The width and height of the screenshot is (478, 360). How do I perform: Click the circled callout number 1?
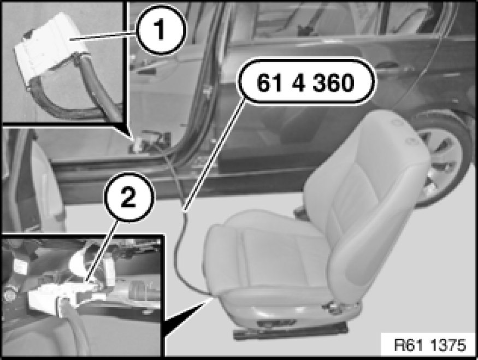tap(161, 29)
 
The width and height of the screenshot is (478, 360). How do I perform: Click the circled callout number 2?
tap(129, 197)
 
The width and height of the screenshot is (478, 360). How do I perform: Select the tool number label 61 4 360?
tap(306, 82)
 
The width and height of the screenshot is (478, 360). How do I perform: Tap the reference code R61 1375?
tap(430, 345)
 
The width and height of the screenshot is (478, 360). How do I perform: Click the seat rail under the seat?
tap(290, 330)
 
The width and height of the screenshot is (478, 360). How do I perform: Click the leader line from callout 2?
tap(102, 251)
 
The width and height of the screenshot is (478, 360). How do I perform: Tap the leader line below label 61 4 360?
tap(214, 156)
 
